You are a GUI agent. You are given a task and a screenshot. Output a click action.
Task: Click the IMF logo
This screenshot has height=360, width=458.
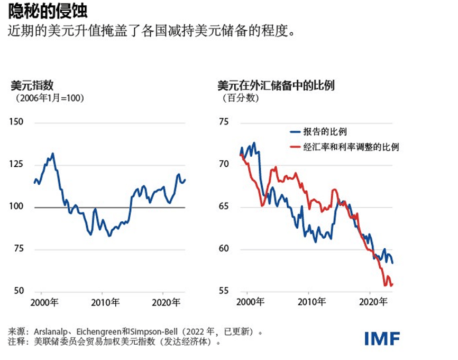[x=382, y=338]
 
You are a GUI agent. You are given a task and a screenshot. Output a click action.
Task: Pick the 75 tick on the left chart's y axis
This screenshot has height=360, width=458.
[x=18, y=249]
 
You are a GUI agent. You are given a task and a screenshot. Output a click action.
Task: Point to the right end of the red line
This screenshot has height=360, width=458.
[x=393, y=285]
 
